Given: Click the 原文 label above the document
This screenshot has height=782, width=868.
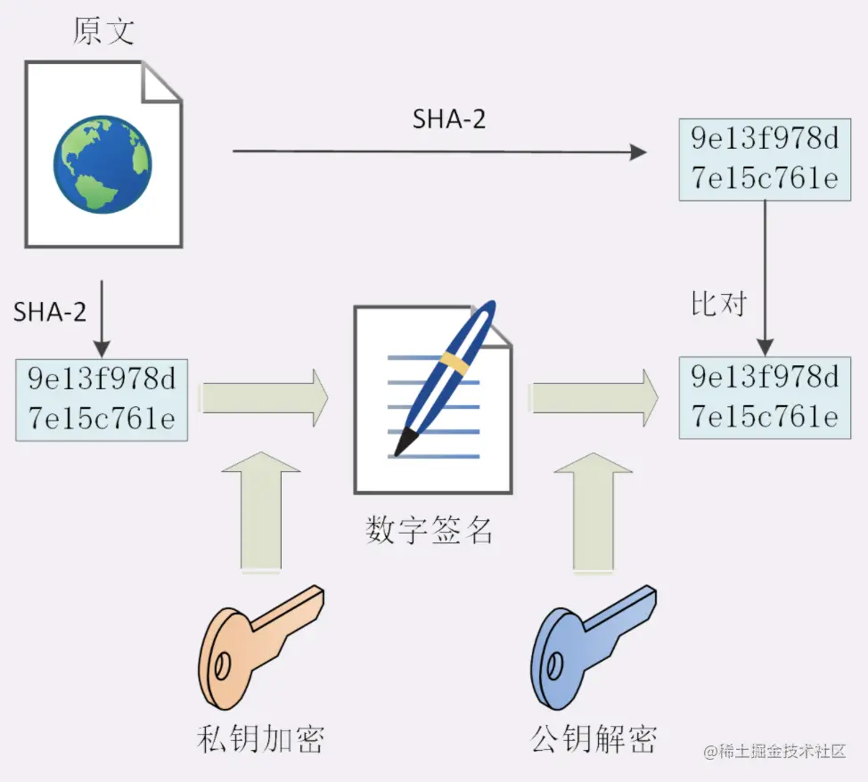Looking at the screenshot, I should click(x=104, y=30).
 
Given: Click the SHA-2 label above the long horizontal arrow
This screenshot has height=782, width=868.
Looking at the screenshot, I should click(x=449, y=120).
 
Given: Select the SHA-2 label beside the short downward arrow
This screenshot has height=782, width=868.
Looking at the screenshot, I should click(x=50, y=312).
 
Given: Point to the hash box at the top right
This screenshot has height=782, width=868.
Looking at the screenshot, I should click(x=766, y=159).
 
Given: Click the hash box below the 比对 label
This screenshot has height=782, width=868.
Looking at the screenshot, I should click(x=766, y=397).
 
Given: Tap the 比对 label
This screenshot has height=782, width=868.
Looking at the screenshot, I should click(x=718, y=304).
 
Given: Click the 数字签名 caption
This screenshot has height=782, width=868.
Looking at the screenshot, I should click(x=430, y=530).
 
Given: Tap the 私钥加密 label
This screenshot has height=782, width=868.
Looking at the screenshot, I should click(x=259, y=738).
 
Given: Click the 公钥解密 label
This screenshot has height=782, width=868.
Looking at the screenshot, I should click(x=594, y=738).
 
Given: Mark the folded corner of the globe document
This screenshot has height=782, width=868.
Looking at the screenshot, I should click(x=163, y=83).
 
